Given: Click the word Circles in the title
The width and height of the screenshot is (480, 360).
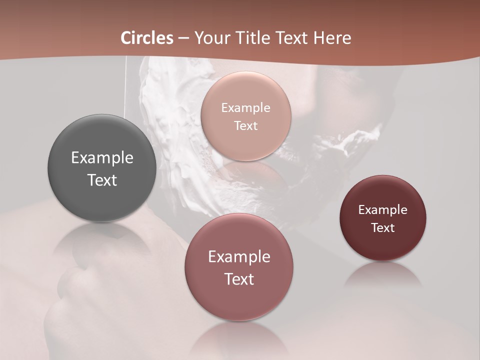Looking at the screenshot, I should (x=147, y=38).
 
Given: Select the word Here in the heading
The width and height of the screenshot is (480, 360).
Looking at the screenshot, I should (x=332, y=38).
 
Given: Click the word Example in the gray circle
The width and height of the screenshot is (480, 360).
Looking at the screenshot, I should (x=102, y=158).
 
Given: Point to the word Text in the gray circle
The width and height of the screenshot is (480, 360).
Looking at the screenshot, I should (x=102, y=180).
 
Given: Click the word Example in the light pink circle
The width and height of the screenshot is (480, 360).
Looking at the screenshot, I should (x=245, y=108).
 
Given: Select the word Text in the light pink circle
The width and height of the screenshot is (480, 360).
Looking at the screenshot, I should (x=245, y=126).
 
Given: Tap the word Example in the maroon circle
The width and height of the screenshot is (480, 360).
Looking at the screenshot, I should (x=383, y=210).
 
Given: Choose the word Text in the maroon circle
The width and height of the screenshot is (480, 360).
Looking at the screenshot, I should (x=383, y=228).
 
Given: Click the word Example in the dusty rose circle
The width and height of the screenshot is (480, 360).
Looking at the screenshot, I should (x=239, y=257).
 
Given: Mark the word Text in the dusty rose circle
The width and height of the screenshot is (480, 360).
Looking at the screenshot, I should (x=239, y=279).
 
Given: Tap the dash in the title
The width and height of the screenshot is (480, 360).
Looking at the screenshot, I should (x=183, y=38).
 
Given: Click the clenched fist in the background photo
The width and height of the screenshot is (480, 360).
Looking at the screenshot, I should (x=75, y=290).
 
